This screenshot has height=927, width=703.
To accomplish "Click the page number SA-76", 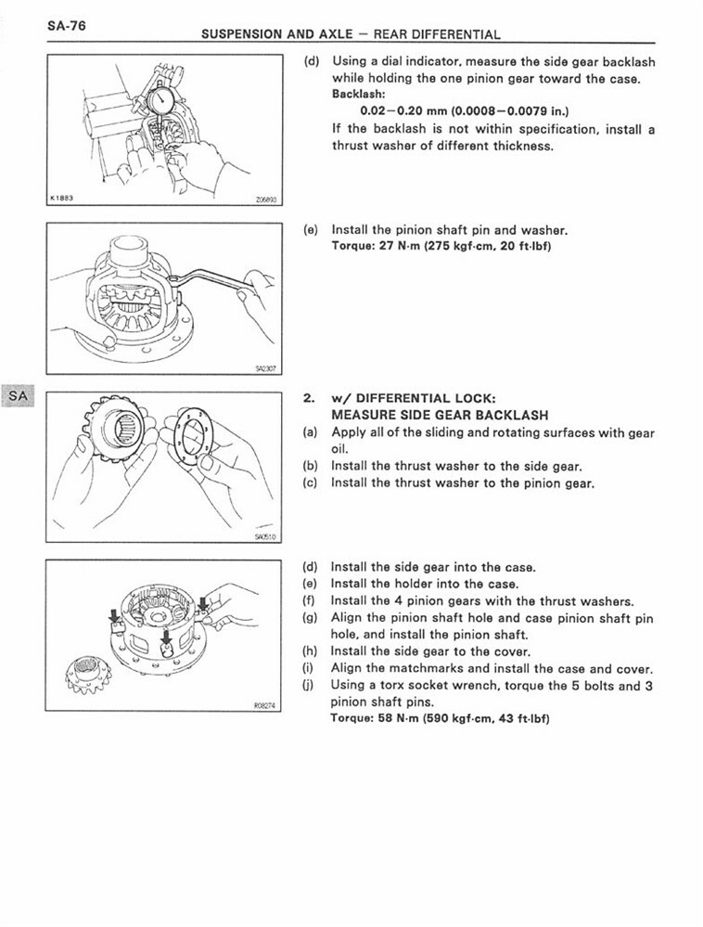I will (66, 26).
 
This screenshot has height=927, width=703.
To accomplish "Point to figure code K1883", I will (62, 198).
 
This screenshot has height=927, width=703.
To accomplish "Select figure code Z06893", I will (264, 199).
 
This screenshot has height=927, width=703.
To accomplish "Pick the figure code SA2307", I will (266, 368).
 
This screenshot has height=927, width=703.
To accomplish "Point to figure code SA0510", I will (266, 536).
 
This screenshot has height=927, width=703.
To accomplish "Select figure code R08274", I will (265, 705).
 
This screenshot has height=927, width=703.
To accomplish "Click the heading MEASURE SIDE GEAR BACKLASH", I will (439, 415).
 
